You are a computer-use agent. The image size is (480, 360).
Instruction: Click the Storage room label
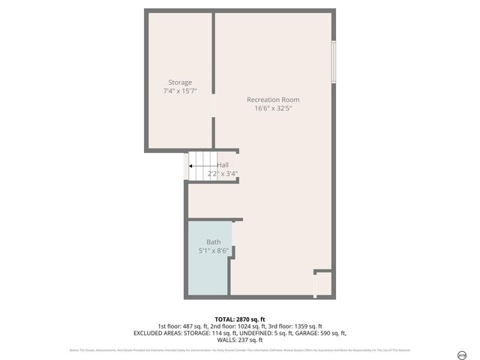(x=180, y=82)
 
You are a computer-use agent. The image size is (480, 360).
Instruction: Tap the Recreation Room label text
(x=273, y=100)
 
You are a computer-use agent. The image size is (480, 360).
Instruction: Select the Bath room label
(x=214, y=242)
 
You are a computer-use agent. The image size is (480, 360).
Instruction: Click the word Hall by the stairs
(x=223, y=165)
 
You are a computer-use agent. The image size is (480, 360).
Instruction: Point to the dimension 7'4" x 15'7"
(x=180, y=91)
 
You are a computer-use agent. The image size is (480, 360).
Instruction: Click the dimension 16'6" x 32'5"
(x=273, y=108)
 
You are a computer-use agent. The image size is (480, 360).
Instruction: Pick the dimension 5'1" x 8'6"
(x=214, y=250)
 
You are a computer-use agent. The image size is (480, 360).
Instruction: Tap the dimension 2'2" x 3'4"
(x=223, y=173)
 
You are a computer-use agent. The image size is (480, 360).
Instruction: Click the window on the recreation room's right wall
(x=334, y=61)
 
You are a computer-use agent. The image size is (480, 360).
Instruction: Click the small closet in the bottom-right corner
(x=323, y=283)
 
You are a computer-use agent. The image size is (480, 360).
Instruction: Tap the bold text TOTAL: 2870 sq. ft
(x=240, y=319)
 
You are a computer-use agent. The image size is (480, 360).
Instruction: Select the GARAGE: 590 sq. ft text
(x=320, y=333)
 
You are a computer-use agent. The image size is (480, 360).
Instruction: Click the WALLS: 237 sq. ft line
(x=240, y=340)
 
